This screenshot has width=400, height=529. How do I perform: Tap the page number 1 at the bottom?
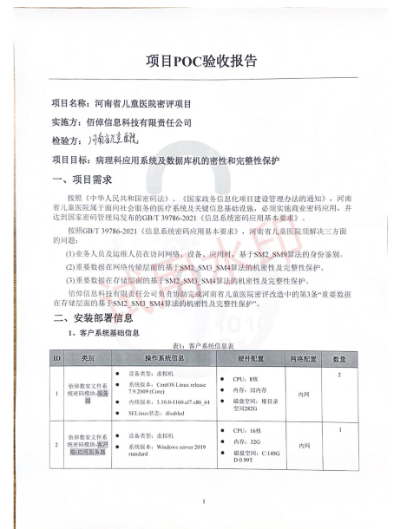(x=200, y=500)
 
